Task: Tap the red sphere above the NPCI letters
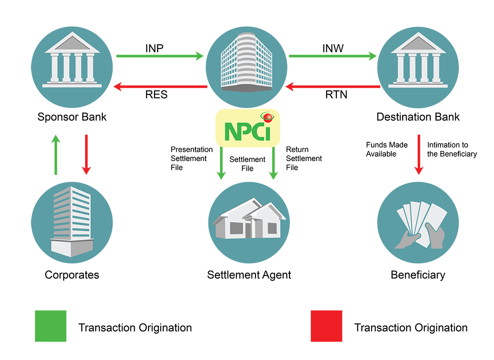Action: coord(266,117)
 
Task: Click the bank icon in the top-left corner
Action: coord(72,61)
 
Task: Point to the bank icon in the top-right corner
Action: coord(418,61)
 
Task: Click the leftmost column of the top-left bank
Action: coord(55,68)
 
